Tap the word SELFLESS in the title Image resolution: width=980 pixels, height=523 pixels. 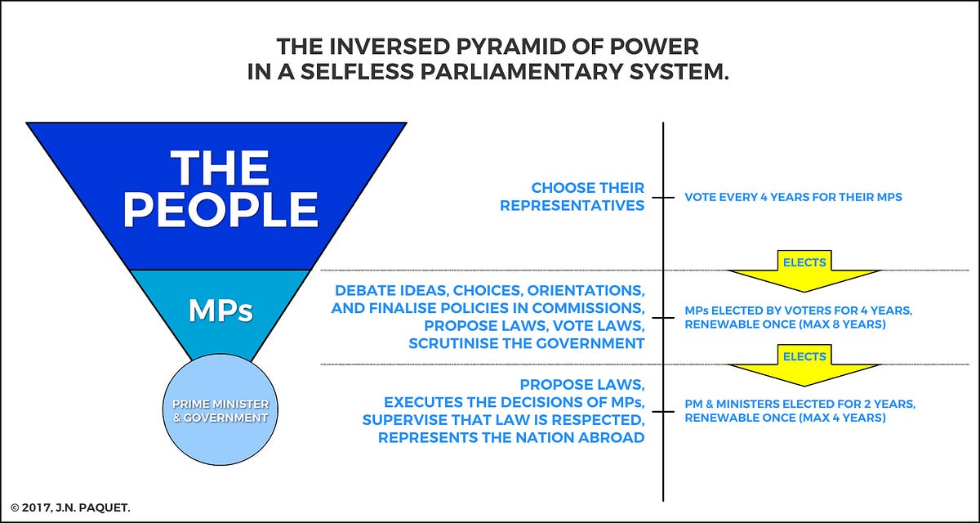coord(357,72)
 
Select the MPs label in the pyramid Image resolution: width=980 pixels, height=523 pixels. coord(221,311)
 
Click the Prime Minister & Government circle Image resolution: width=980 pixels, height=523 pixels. coord(220,409)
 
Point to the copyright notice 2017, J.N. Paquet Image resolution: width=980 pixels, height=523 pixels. coord(70,507)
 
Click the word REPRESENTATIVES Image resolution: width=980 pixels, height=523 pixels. coord(572,205)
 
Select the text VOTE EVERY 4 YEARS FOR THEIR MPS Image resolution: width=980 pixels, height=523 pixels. coord(793,197)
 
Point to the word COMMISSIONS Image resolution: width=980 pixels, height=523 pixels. coord(589,308)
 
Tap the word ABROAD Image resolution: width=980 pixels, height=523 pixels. coord(612,438)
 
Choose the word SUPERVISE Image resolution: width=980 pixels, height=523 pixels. coord(405,420)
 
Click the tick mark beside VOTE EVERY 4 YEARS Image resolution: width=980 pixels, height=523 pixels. coord(663,198)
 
